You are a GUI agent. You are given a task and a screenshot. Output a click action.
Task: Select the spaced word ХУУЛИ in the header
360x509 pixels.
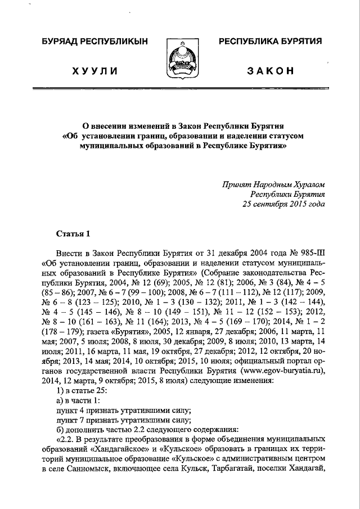click(x=94, y=71)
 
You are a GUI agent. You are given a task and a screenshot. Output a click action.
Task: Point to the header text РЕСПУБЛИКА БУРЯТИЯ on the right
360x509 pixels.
click(x=270, y=42)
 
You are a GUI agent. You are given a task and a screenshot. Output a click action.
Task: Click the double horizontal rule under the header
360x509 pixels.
click(x=179, y=89)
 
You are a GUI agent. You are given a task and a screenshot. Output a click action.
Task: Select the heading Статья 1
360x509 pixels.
click(x=73, y=233)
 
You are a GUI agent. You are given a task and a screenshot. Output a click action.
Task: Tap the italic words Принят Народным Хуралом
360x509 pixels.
click(x=273, y=184)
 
